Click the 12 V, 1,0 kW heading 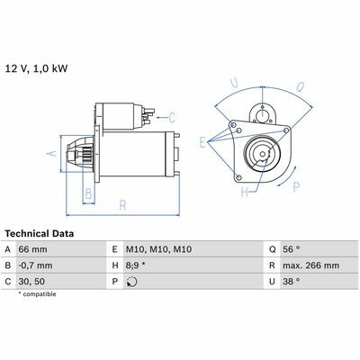pyautogui.click(x=37, y=68)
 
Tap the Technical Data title pyautogui.click(x=40, y=234)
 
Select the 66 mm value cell pyautogui.click(x=32, y=249)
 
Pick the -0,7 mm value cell pyautogui.click(x=35, y=265)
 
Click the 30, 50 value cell pyautogui.click(x=31, y=282)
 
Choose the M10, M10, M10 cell pyautogui.click(x=158, y=249)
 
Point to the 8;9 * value pyautogui.click(x=135, y=265)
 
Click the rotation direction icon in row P pyautogui.click(x=131, y=282)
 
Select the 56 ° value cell pyautogui.click(x=291, y=249)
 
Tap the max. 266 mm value pyautogui.click(x=310, y=265)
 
